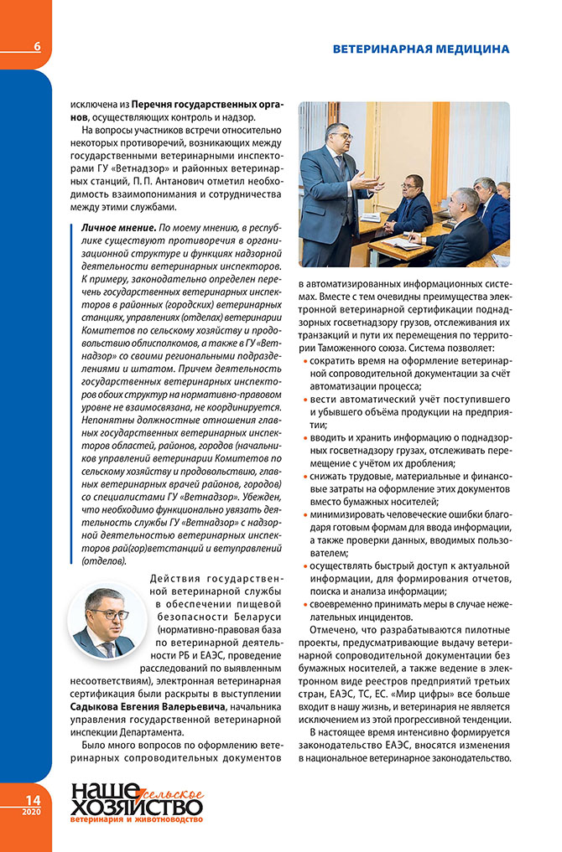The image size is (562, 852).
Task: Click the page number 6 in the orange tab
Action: pos(37,47)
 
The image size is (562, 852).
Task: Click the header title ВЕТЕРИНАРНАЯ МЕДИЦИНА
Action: pos(420,49)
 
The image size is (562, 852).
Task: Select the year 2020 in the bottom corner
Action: pos(31,813)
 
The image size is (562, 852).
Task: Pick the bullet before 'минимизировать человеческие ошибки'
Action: pos(303,515)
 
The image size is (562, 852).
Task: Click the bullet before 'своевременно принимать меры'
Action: pos(303,604)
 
